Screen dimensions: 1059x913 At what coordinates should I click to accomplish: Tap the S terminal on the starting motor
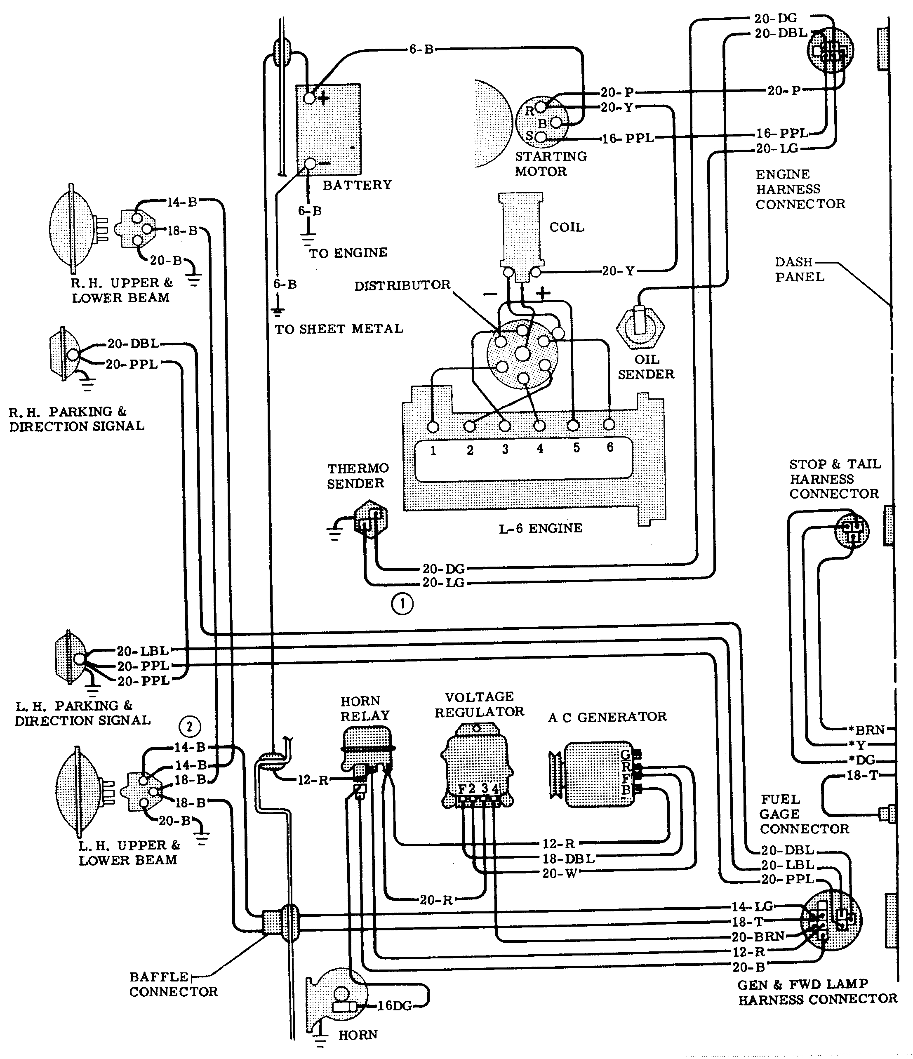[541, 137]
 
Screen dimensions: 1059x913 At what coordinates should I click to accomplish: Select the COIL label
[567, 228]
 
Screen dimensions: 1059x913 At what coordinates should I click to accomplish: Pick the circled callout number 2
[190, 726]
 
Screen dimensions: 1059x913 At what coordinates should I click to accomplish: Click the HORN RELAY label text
[365, 708]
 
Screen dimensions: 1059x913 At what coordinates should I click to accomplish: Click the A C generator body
[593, 775]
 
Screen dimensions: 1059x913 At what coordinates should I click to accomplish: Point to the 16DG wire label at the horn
[394, 1006]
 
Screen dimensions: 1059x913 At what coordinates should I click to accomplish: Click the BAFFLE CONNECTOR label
[173, 984]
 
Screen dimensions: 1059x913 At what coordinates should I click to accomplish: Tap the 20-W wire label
[559, 873]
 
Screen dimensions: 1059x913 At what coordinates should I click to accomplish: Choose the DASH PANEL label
[799, 269]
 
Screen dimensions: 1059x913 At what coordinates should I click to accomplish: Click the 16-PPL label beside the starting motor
[628, 139]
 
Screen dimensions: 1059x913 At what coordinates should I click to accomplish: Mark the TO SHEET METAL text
[339, 329]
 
